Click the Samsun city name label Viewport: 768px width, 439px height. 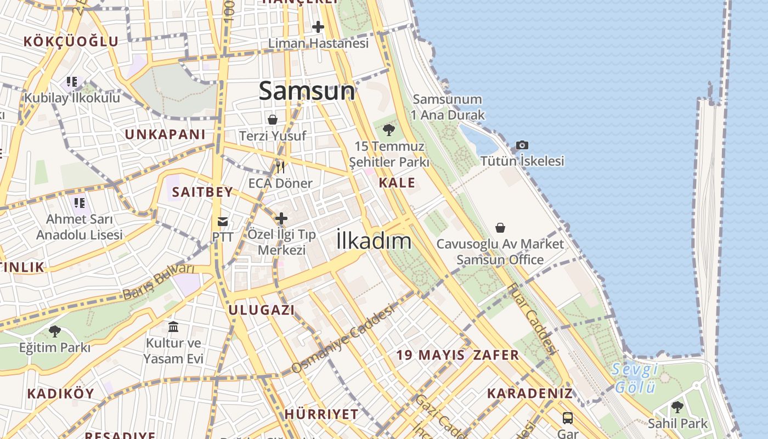tap(307, 91)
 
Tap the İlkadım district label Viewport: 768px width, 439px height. tap(374, 240)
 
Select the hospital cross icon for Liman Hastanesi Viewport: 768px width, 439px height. tap(318, 26)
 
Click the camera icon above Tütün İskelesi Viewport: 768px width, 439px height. tap(522, 145)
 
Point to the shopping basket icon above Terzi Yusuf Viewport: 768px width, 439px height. tap(273, 119)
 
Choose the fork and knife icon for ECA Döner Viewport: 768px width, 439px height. tap(280, 166)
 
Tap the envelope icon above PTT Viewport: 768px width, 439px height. tap(223, 222)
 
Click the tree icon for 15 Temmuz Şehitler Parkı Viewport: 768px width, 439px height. tap(389, 130)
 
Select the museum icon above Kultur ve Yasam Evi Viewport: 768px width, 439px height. tap(173, 327)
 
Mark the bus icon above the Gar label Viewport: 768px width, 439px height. tap(568, 418)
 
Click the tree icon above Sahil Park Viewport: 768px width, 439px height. tap(677, 407)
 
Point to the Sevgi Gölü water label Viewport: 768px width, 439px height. tap(635, 378)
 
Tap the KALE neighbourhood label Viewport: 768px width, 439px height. tap(397, 183)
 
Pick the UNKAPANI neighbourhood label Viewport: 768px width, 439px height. tap(165, 134)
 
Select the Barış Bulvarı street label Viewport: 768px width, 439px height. tap(159, 282)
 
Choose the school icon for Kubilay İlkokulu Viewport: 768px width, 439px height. tap(72, 82)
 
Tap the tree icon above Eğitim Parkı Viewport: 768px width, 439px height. tap(54, 331)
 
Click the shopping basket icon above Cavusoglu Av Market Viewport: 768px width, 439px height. tap(500, 227)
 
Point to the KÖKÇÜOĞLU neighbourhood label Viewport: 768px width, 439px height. tap(71, 41)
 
